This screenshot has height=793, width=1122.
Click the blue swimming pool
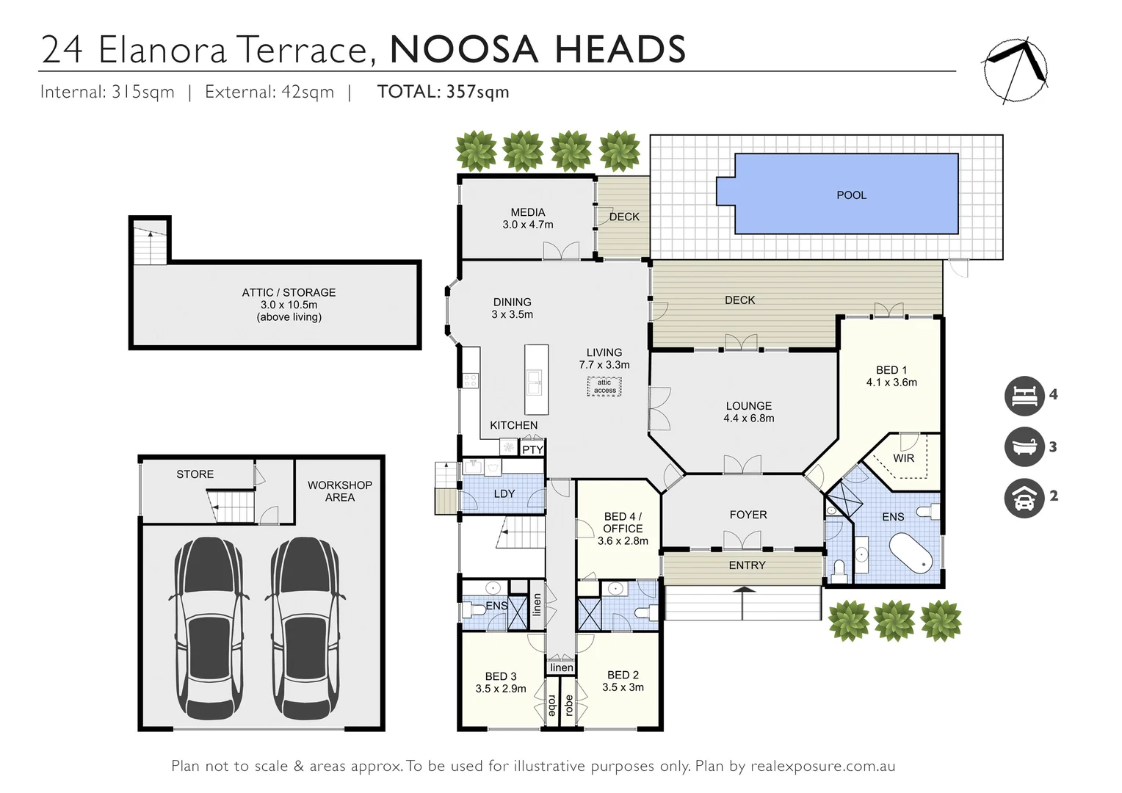844,195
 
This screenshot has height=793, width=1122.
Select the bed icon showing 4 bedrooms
1024,395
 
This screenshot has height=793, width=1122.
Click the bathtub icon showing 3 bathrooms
1024,446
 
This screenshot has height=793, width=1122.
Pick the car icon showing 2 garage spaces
1024,497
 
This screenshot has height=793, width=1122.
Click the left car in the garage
209,629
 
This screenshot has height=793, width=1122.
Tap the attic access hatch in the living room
604,386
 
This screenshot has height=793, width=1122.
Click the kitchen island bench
537,380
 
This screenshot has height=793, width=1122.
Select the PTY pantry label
532,449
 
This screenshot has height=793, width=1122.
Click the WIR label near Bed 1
903,458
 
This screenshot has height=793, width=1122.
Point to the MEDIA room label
528,212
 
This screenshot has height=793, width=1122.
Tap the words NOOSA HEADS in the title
538,49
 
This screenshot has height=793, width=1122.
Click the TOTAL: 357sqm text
443,92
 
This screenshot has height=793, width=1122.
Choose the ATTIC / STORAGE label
289,292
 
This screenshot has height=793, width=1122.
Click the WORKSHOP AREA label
339,491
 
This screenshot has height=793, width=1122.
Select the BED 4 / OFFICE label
623,522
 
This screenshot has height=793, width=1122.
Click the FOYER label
748,515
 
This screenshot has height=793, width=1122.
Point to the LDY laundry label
504,493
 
